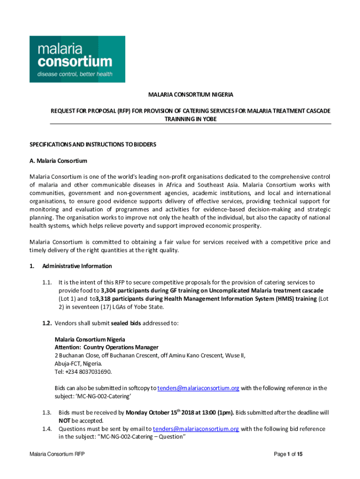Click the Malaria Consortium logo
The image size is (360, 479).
pyautogui.click(x=77, y=59)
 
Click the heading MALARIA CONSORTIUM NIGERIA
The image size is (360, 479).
pyautogui.click(x=190, y=94)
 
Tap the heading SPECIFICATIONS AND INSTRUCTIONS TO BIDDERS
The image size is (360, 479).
pyautogui.click(x=93, y=145)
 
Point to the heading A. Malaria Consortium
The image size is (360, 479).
pyautogui.click(x=58, y=161)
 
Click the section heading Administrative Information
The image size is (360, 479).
pyautogui.click(x=77, y=266)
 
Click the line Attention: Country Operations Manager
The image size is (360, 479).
pyautogui.click(x=107, y=347)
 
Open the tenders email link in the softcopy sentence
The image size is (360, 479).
pyautogui.click(x=198, y=388)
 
